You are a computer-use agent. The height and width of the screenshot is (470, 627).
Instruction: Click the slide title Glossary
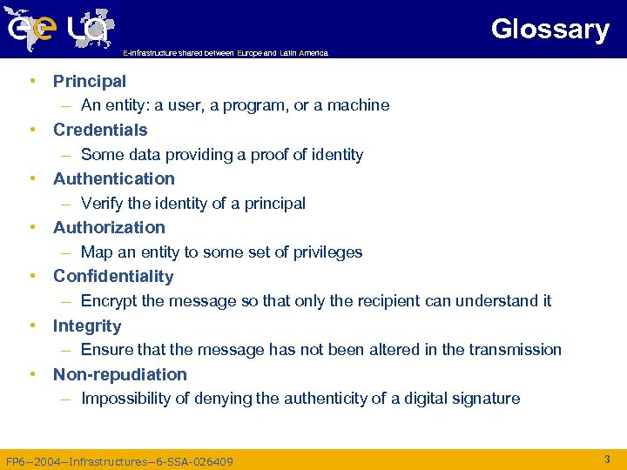click(x=549, y=29)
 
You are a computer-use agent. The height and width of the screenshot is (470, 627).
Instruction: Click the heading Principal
click(x=90, y=81)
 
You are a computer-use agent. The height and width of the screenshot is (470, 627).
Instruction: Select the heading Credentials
click(x=100, y=130)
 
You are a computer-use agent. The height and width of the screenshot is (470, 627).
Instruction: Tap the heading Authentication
click(x=114, y=178)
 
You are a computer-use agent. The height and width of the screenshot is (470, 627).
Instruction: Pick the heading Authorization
click(x=109, y=227)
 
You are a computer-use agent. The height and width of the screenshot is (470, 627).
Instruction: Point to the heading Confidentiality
click(x=113, y=276)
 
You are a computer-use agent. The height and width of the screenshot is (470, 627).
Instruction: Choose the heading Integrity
click(x=87, y=326)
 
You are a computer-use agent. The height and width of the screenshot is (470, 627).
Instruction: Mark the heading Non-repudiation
click(x=120, y=374)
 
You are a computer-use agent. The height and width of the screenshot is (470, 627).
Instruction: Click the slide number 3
click(x=607, y=458)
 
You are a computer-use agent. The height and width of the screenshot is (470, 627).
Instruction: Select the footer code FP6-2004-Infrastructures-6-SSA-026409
click(x=119, y=461)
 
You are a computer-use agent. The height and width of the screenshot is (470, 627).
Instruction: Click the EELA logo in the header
click(x=59, y=28)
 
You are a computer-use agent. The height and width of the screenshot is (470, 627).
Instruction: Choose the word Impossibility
click(x=125, y=399)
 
